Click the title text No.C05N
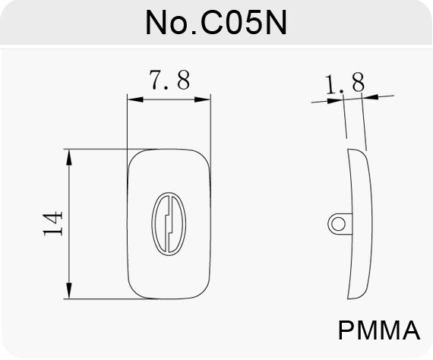(x=216, y=23)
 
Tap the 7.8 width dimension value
(x=169, y=80)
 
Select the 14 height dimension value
(x=52, y=223)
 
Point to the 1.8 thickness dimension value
(x=344, y=84)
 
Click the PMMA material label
(x=379, y=330)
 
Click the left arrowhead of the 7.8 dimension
(x=135, y=99)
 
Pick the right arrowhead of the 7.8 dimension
(x=202, y=99)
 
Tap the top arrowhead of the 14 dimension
(x=69, y=157)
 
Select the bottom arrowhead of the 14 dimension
(x=69, y=291)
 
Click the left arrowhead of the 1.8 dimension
(x=335, y=100)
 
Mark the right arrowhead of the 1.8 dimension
(x=370, y=97)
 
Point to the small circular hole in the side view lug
(x=338, y=224)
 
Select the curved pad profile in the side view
(x=371, y=224)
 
